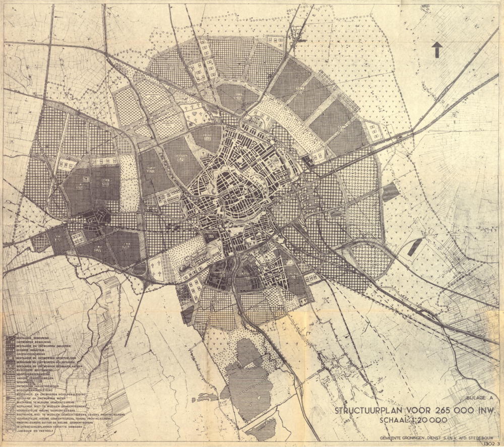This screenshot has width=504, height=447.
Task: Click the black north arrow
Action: [x=436, y=49]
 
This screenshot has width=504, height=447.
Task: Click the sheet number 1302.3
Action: [x=491, y=444]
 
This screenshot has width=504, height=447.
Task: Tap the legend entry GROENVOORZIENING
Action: [x=31, y=354]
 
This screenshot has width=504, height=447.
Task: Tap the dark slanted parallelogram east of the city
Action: [x=414, y=247]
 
